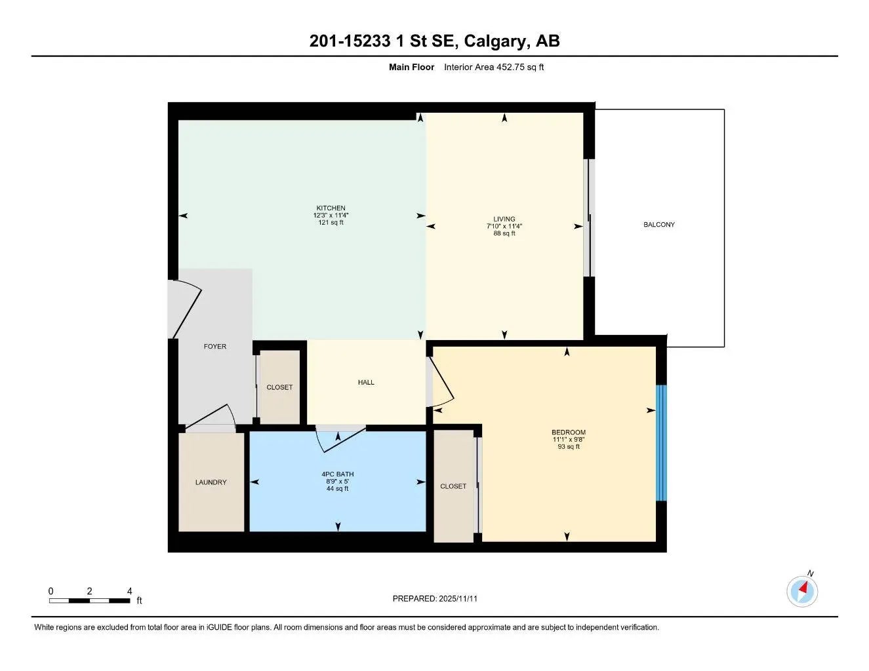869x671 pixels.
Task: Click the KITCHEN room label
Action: tap(331, 208)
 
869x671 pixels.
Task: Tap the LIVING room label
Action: tap(504, 219)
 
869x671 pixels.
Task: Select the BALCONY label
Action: tap(658, 225)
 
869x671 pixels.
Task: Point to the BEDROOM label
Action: tap(568, 432)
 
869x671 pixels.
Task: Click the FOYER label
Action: tap(214, 347)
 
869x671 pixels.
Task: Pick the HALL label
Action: tap(366, 383)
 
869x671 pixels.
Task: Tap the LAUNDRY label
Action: tap(211, 482)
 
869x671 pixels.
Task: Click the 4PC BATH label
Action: tap(337, 474)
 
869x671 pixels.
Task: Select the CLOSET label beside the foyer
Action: tap(279, 387)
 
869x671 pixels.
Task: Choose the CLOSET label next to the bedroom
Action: tap(453, 486)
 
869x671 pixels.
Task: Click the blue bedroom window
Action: tap(661, 443)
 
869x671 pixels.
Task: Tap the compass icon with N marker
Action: tap(802, 591)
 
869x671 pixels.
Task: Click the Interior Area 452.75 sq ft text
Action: tap(494, 67)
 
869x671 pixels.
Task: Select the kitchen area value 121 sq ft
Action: tap(331, 223)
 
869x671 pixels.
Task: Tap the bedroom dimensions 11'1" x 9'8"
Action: tap(568, 440)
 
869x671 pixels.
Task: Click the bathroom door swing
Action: tap(339, 439)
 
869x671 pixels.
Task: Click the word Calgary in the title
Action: tap(496, 41)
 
